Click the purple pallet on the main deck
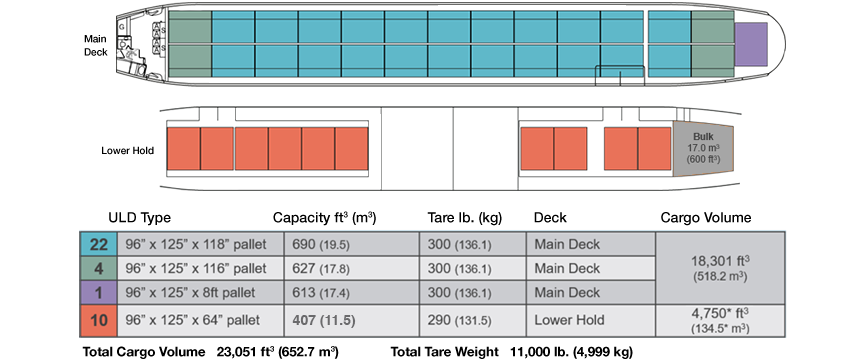tap(750, 44)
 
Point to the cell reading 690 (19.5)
tap(352, 244)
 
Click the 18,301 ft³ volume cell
tap(713, 267)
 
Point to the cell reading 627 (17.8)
tap(352, 268)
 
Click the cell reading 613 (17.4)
tap(352, 292)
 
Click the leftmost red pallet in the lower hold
tap(183, 147)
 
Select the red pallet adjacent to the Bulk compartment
tap(654, 147)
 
